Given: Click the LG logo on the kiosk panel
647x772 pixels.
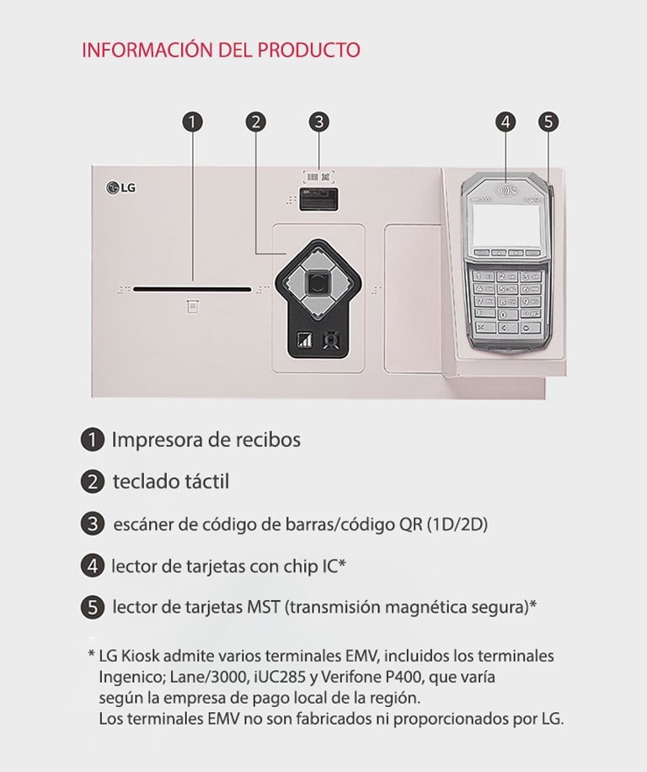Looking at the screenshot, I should point(120,187).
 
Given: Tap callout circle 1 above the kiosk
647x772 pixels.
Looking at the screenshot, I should point(192,121).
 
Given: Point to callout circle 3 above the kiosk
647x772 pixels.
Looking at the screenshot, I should point(318,121).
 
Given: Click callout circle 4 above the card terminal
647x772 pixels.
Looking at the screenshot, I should point(505,121).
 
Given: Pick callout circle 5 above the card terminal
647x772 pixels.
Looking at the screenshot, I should point(548,121).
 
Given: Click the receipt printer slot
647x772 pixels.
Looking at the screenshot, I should point(192,288).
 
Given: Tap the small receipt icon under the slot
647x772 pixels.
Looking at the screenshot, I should point(193,307).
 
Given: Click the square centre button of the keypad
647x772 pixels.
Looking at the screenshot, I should point(317,284).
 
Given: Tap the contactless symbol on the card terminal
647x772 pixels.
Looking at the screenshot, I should point(505,190).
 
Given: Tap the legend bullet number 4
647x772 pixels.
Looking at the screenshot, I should point(92,566).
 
